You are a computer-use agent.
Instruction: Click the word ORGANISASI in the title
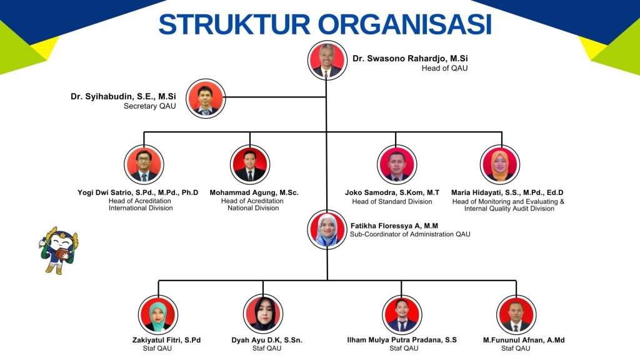[x=404, y=24]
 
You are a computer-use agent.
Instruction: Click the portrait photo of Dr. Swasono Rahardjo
[x=326, y=61]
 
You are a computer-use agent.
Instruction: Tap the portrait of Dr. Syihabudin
[x=206, y=99]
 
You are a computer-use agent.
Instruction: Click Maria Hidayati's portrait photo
[x=500, y=164]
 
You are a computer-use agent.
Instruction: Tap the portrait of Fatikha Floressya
[x=326, y=230]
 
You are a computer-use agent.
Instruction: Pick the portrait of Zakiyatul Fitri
[x=157, y=314]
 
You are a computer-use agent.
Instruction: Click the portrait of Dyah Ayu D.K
[x=263, y=314]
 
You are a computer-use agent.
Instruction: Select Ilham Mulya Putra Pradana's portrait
[x=401, y=314]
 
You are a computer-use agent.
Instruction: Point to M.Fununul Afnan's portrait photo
[x=516, y=314]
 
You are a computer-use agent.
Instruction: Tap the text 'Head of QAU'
[x=444, y=68]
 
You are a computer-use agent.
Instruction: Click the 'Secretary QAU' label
[x=150, y=106]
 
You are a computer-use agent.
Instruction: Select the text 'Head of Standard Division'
[x=392, y=202]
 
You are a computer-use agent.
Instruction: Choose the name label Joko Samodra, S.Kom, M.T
[x=392, y=192]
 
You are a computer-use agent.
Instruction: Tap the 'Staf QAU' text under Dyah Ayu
[x=267, y=348]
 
